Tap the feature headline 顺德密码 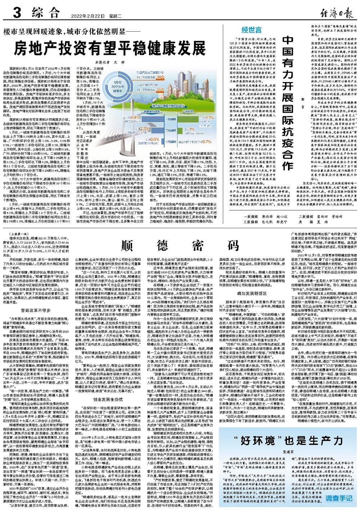coord(180,245)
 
